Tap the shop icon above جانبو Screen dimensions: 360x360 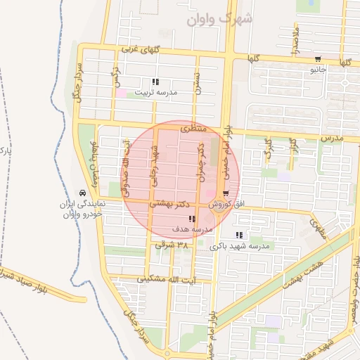(318, 59)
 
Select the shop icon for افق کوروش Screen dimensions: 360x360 (225, 193)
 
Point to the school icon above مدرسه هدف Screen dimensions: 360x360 (192, 219)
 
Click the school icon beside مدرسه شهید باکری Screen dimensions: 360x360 (239, 235)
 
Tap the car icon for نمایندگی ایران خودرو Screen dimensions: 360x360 (83, 193)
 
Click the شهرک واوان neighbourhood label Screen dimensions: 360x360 (219, 20)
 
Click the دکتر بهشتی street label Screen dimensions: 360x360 (172, 202)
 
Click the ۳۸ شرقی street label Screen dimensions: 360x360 (172, 245)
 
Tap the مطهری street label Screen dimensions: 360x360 (317, 226)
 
